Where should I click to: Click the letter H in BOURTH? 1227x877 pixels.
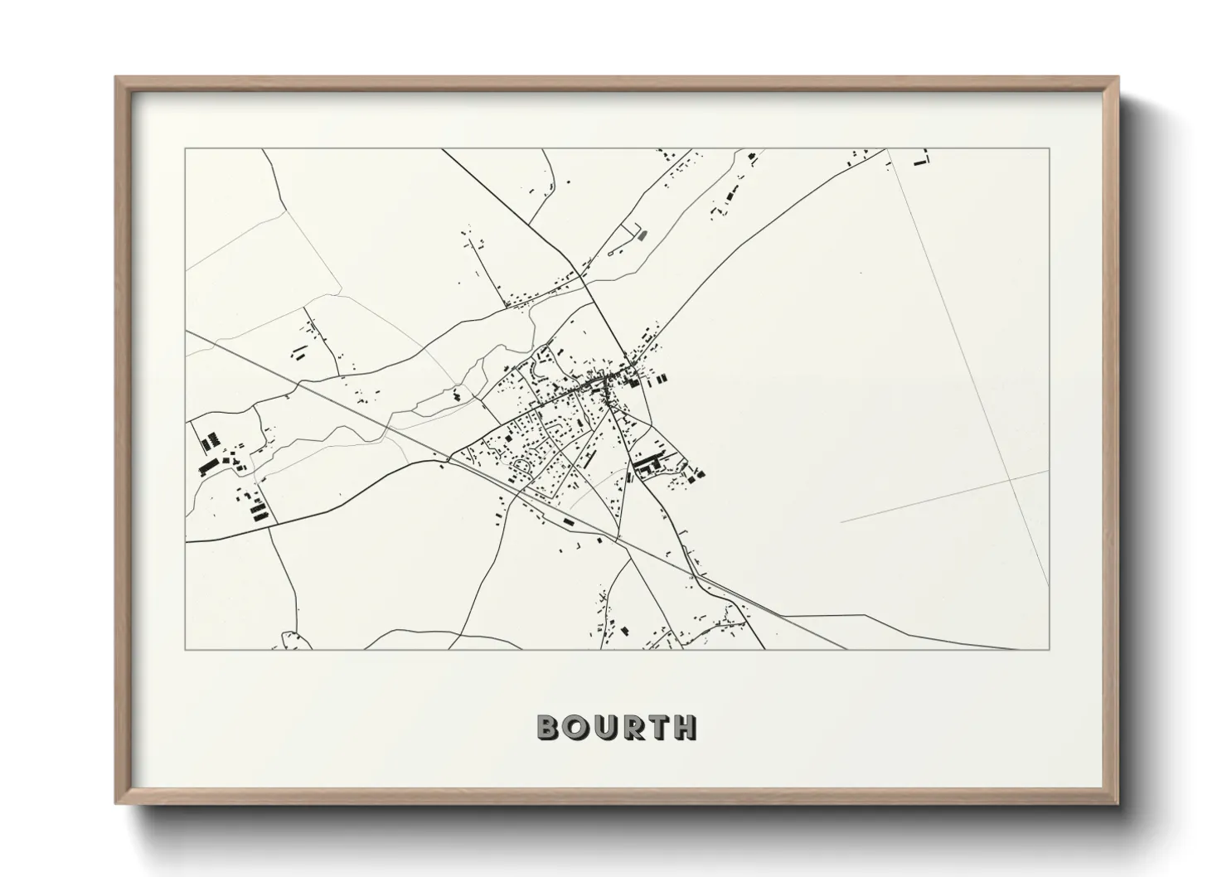point(686,727)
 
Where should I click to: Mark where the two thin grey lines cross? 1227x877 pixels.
point(1011,478)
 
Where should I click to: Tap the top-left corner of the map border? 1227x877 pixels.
point(186,149)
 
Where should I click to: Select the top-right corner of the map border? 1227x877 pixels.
point(1049,149)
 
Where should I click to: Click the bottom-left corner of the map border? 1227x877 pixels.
point(186,649)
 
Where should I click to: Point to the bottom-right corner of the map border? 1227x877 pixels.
point(1049,649)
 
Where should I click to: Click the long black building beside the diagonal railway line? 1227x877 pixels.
point(569,521)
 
